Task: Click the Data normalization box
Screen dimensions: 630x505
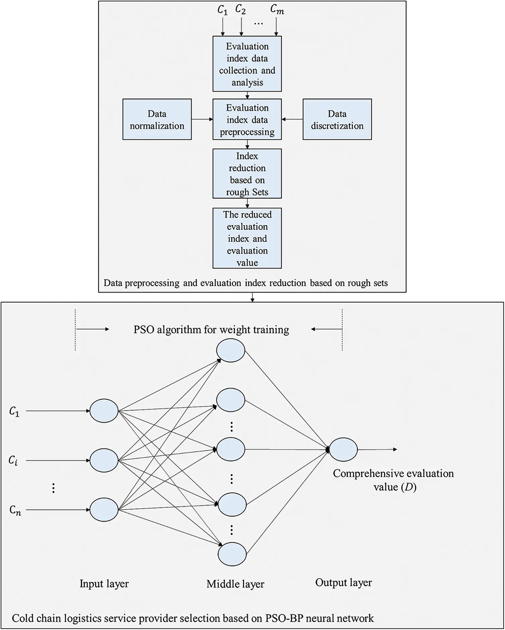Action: pos(157,119)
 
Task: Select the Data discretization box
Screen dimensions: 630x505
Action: pos(337,119)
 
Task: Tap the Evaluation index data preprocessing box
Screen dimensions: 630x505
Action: pos(247,119)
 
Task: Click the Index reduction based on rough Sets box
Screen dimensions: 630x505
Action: pos(247,174)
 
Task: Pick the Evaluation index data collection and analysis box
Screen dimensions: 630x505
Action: pos(247,64)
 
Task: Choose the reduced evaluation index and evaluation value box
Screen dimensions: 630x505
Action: pos(247,238)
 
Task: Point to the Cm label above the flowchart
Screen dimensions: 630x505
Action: pos(277,10)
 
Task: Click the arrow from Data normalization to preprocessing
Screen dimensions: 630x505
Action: pos(202,119)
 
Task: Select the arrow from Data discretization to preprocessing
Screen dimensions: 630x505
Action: pos(292,119)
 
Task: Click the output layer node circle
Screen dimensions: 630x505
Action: pos(343,449)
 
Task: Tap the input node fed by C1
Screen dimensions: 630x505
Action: pos(104,411)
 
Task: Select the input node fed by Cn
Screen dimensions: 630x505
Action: pos(104,510)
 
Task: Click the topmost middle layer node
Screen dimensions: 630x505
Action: pos(231,351)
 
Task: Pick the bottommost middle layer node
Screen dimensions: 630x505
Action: pos(232,554)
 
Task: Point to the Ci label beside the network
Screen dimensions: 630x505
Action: pos(13,460)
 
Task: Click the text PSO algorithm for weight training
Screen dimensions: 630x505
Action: pos(211,329)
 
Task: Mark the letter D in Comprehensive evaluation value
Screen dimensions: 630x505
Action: pos(408,487)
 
